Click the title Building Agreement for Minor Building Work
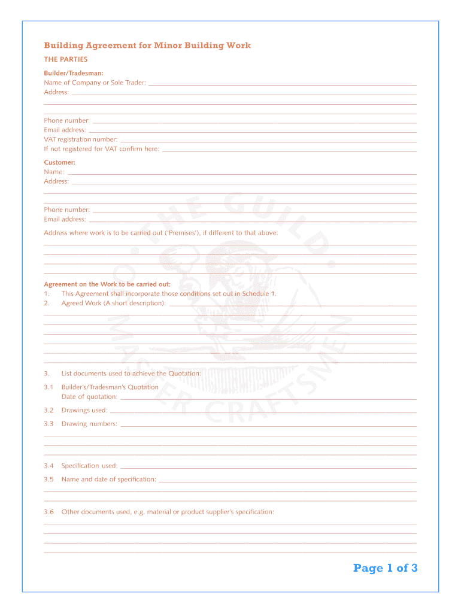click(x=147, y=45)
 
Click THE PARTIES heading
click(x=66, y=59)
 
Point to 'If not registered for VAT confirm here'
click(x=101, y=149)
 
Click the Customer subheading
click(x=59, y=162)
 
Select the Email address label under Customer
click(x=65, y=219)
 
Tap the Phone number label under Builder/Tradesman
click(x=66, y=120)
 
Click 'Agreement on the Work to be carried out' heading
click(x=107, y=284)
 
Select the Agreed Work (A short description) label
click(x=113, y=303)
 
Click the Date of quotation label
click(x=89, y=396)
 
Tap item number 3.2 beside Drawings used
click(x=48, y=410)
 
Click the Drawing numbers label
click(x=89, y=424)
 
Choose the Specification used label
click(x=89, y=466)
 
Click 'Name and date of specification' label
click(x=108, y=479)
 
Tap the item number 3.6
click(x=48, y=512)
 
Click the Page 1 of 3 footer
click(x=385, y=568)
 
